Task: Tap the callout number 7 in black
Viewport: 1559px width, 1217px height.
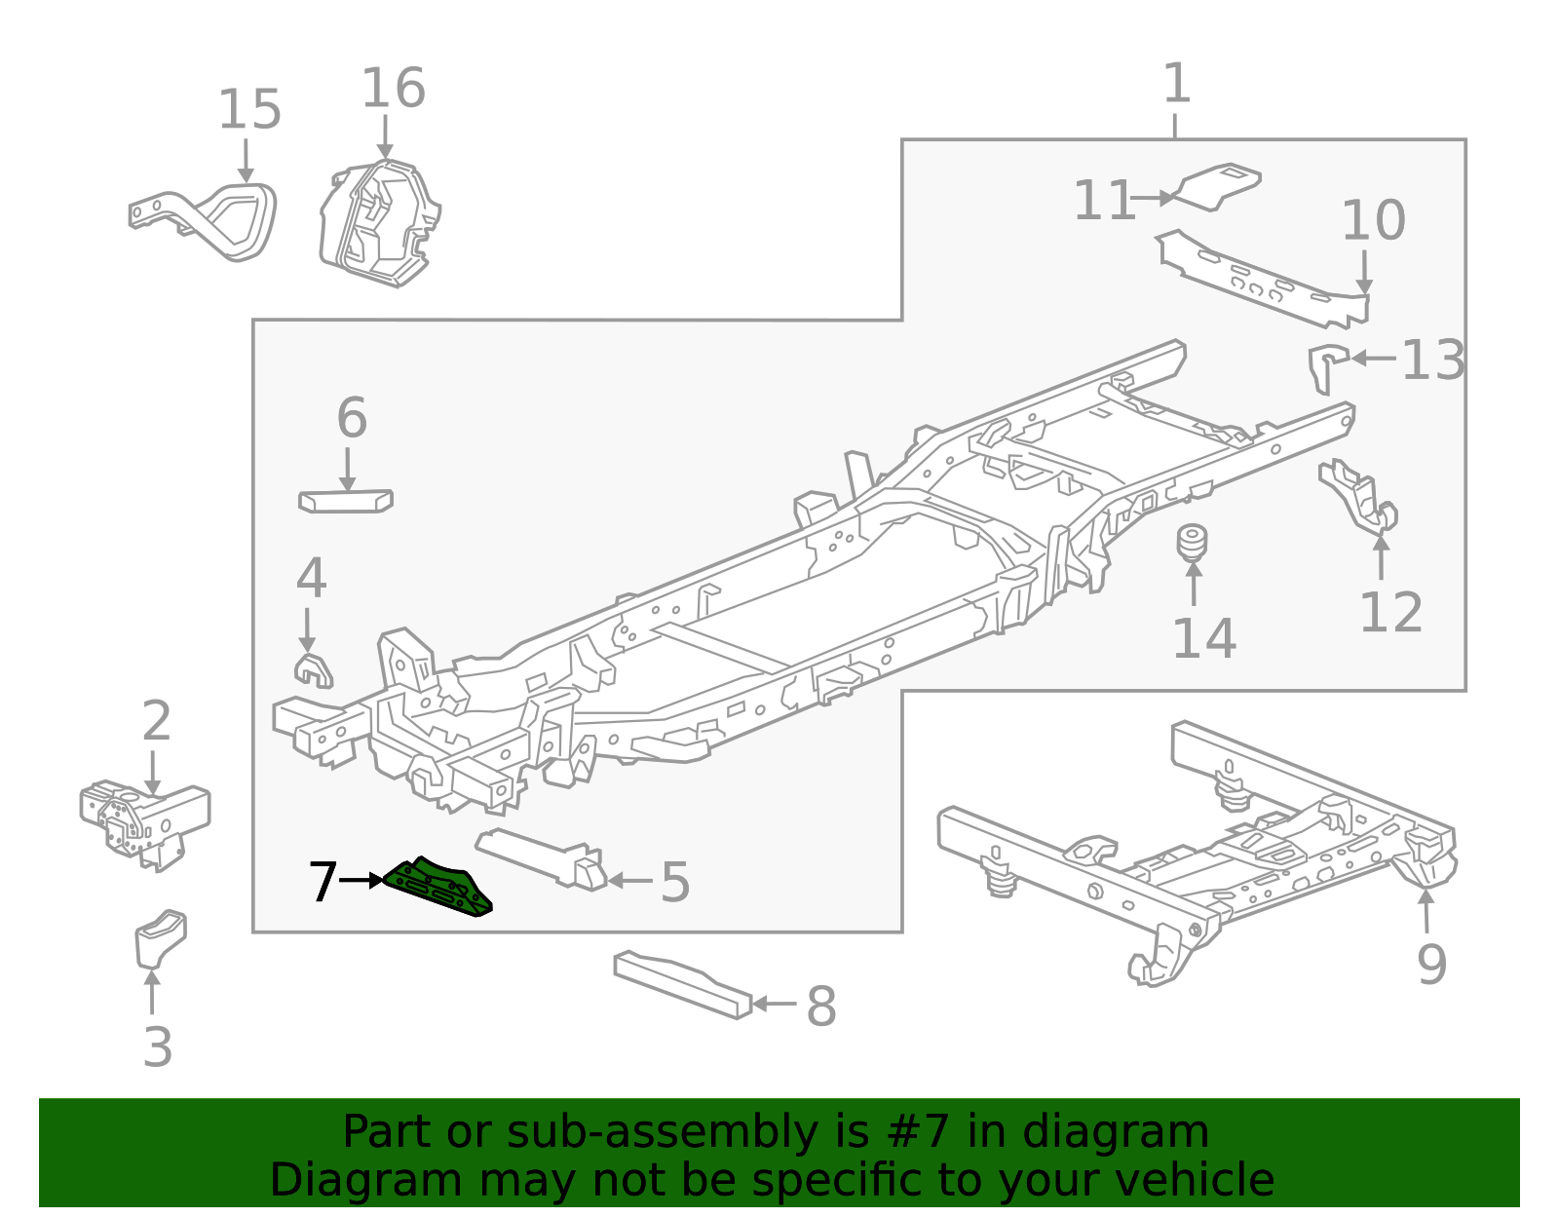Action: tap(323, 882)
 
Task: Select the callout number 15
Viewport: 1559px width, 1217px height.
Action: tap(249, 110)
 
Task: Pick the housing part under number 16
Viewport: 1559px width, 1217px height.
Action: tap(380, 224)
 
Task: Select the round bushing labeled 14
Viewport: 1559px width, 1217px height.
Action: tap(1192, 544)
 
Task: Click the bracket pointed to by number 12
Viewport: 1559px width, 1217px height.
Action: tap(1359, 497)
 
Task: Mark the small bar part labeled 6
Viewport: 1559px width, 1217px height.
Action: tap(345, 501)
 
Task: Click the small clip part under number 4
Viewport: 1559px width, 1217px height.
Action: tap(312, 670)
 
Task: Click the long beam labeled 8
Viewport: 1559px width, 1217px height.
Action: tap(682, 984)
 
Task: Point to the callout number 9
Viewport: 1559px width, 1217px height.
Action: tap(1430, 965)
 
